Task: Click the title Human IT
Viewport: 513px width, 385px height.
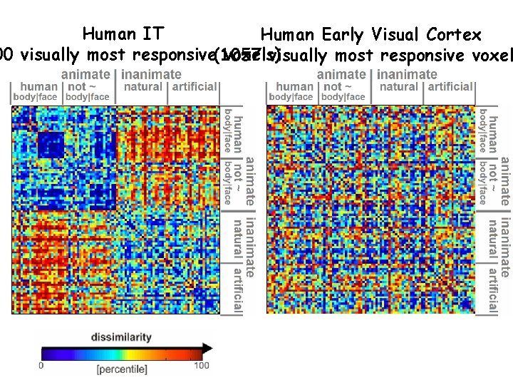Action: pyautogui.click(x=123, y=34)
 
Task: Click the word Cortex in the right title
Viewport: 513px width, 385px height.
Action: pyautogui.click(x=454, y=34)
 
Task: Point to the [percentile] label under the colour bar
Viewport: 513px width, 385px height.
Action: pyautogui.click(x=122, y=369)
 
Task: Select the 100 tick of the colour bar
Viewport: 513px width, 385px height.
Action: pyautogui.click(x=202, y=366)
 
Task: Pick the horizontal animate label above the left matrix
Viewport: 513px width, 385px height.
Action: pyautogui.click(x=85, y=74)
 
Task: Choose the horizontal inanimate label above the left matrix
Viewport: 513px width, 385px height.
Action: pyautogui.click(x=152, y=74)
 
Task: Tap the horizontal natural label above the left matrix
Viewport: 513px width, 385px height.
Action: pyautogui.click(x=143, y=86)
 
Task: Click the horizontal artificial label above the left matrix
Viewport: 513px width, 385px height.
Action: pyautogui.click(x=194, y=86)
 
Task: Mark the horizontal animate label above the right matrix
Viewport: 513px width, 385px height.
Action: pyautogui.click(x=341, y=74)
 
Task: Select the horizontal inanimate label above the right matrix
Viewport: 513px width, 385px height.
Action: pyautogui.click(x=408, y=74)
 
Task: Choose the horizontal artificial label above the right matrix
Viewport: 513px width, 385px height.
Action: pyautogui.click(x=450, y=86)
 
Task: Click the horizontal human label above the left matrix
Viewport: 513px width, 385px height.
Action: pyautogui.click(x=40, y=86)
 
